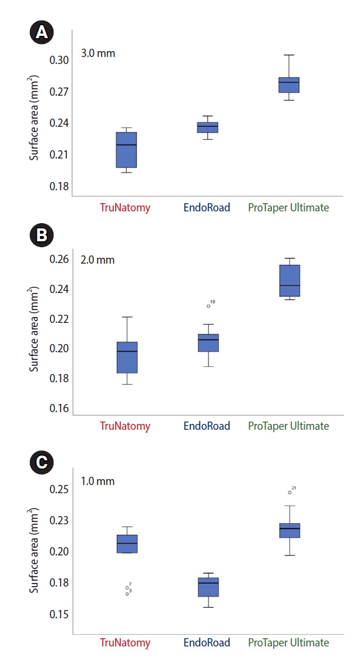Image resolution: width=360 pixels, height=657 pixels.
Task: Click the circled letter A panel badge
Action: click(x=42, y=33)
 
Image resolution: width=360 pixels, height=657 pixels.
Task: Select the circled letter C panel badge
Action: click(x=42, y=462)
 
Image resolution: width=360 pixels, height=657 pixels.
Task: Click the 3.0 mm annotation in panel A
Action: click(x=97, y=53)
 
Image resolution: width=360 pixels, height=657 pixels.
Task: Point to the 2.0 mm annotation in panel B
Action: click(x=97, y=260)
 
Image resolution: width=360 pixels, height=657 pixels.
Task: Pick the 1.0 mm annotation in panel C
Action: click(x=97, y=481)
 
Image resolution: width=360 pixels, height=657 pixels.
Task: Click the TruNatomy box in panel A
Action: click(x=126, y=150)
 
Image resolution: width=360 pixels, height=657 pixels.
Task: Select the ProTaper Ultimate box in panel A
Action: click(x=288, y=85)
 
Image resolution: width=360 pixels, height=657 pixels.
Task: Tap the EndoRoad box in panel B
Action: click(x=208, y=343)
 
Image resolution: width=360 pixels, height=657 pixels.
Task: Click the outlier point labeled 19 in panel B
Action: click(x=208, y=306)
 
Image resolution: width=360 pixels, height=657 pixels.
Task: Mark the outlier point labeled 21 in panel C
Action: click(x=290, y=492)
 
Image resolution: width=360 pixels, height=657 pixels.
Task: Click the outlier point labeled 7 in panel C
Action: click(x=127, y=588)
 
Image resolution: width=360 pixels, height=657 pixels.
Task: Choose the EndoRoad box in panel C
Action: click(x=208, y=587)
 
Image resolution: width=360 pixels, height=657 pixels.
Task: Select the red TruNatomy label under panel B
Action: click(x=125, y=426)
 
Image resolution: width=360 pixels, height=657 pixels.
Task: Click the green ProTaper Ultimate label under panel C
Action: click(x=288, y=642)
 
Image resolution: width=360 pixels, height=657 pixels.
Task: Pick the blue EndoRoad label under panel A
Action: click(x=207, y=207)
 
